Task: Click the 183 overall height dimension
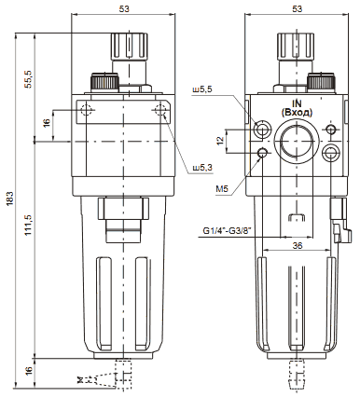(9, 198)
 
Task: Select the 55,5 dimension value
(29, 79)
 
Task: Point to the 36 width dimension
(298, 246)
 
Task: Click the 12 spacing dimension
(220, 141)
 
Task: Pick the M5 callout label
(222, 188)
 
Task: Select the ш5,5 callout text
(202, 89)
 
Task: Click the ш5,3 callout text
(202, 168)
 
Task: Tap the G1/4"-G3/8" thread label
(227, 231)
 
